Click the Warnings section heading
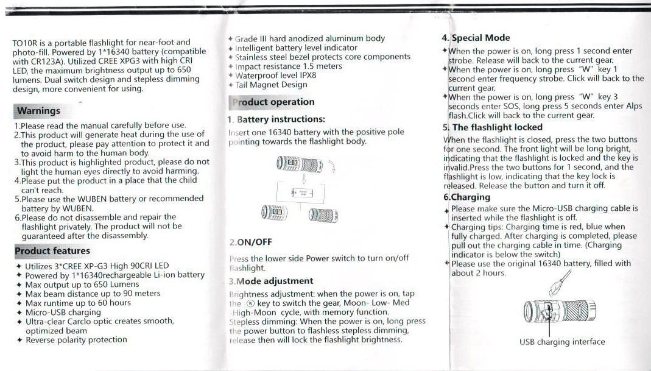(38, 111)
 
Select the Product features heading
(52, 251)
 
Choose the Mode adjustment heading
(274, 281)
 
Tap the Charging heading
(470, 197)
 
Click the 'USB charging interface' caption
(562, 342)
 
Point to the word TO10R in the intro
(25, 43)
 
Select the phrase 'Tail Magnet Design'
(271, 85)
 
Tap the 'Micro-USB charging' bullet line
(63, 312)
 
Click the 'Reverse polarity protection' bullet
(76, 340)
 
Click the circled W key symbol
(249, 303)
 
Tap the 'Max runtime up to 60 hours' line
(78, 303)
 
